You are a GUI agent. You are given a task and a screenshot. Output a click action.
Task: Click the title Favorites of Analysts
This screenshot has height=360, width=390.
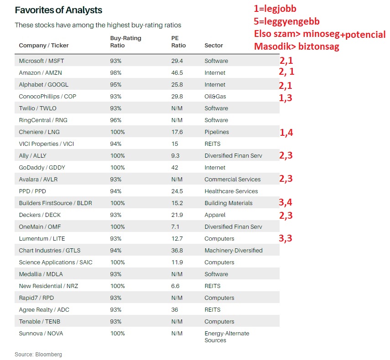click(58, 10)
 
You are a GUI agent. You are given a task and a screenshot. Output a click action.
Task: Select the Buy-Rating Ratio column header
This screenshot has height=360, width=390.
click(125, 42)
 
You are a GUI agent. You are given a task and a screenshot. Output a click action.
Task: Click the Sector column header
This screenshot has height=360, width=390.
click(213, 46)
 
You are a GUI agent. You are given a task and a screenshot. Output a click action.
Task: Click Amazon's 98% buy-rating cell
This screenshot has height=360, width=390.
click(116, 72)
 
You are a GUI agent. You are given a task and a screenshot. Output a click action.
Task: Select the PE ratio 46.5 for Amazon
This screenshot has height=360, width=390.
click(177, 72)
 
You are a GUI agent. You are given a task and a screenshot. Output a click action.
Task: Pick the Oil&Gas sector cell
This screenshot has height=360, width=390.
click(215, 96)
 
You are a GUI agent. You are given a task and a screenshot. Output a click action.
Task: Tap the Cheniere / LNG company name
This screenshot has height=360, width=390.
click(39, 132)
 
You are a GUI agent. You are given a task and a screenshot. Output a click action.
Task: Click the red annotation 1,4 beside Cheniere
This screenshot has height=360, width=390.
click(286, 133)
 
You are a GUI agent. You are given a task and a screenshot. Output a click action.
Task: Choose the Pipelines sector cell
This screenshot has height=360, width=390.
click(217, 132)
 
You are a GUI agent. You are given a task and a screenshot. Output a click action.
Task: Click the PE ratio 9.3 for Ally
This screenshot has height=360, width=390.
click(175, 155)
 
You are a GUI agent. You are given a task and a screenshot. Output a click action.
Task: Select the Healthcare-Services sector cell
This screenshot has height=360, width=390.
click(231, 191)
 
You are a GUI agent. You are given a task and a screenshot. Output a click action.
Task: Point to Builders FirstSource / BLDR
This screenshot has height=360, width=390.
click(55, 203)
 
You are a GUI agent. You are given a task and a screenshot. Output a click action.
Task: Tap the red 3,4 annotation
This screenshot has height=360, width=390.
click(286, 202)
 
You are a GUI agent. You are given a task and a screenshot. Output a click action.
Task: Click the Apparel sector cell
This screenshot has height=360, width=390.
click(215, 215)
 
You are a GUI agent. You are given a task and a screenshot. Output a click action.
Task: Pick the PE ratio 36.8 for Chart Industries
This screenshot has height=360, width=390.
click(177, 250)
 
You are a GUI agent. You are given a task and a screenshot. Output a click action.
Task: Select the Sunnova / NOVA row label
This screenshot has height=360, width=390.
click(41, 333)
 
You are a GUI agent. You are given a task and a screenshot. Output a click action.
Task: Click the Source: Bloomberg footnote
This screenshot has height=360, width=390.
click(38, 354)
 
